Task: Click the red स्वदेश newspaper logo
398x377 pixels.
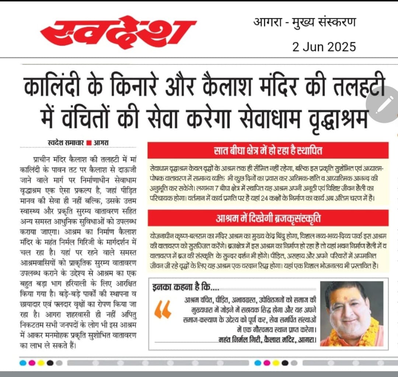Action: point(118,33)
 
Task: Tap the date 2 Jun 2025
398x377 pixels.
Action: point(324,47)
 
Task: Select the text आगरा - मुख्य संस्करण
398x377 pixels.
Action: point(304,23)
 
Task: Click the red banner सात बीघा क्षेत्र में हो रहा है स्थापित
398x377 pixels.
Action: point(268,151)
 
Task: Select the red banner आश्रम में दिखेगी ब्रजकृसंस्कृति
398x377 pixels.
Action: point(268,217)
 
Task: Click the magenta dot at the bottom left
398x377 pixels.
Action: point(32,363)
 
